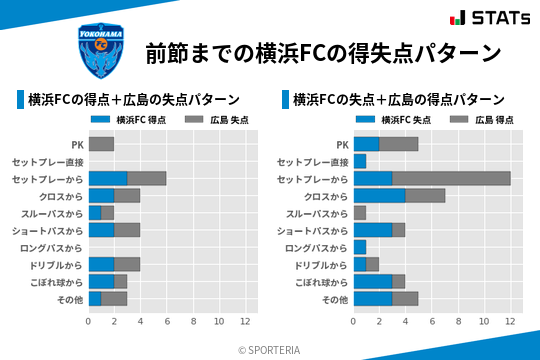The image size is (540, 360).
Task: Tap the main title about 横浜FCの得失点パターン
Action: [322, 53]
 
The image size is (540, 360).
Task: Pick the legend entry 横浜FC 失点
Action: [400, 119]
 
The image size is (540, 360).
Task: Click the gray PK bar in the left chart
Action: [101, 144]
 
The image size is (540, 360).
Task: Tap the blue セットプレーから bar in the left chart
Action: [108, 178]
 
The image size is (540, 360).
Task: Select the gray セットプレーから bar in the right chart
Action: [451, 178]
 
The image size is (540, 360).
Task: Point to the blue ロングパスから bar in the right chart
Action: [360, 247]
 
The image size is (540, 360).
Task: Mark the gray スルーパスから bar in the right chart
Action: [360, 213]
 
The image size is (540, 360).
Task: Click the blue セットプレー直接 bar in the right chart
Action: [360, 161]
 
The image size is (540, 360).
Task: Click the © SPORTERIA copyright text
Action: [269, 349]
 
